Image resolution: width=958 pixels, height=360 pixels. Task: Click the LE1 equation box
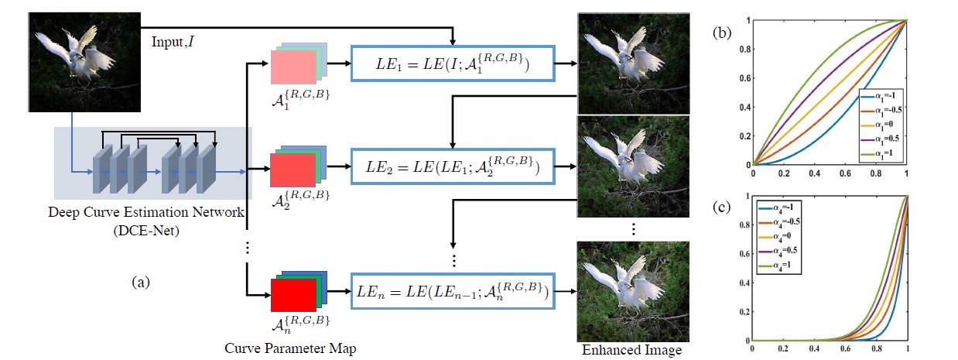pos(453,63)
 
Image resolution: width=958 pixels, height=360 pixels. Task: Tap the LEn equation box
pos(453,293)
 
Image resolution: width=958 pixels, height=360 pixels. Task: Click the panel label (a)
pos(140,283)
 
